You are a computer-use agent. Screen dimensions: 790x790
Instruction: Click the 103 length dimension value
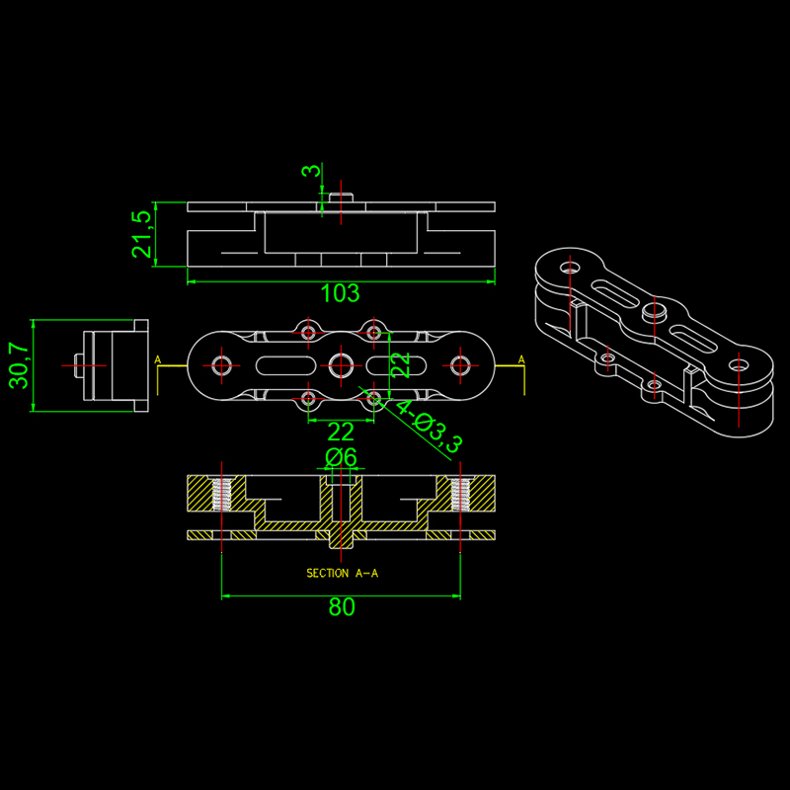(340, 293)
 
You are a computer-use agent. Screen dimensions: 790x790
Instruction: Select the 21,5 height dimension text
(141, 234)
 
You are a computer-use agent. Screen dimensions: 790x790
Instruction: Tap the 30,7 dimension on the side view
(19, 365)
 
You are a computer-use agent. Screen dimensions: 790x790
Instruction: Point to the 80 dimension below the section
(342, 607)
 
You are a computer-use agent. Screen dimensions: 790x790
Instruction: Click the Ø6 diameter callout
(341, 457)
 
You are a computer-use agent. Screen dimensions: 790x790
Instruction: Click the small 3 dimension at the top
(311, 170)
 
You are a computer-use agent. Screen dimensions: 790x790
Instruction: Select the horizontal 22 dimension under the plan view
(341, 432)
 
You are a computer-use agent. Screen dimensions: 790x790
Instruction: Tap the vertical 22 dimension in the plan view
(401, 364)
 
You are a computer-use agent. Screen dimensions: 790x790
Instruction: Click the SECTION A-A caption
(342, 573)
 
